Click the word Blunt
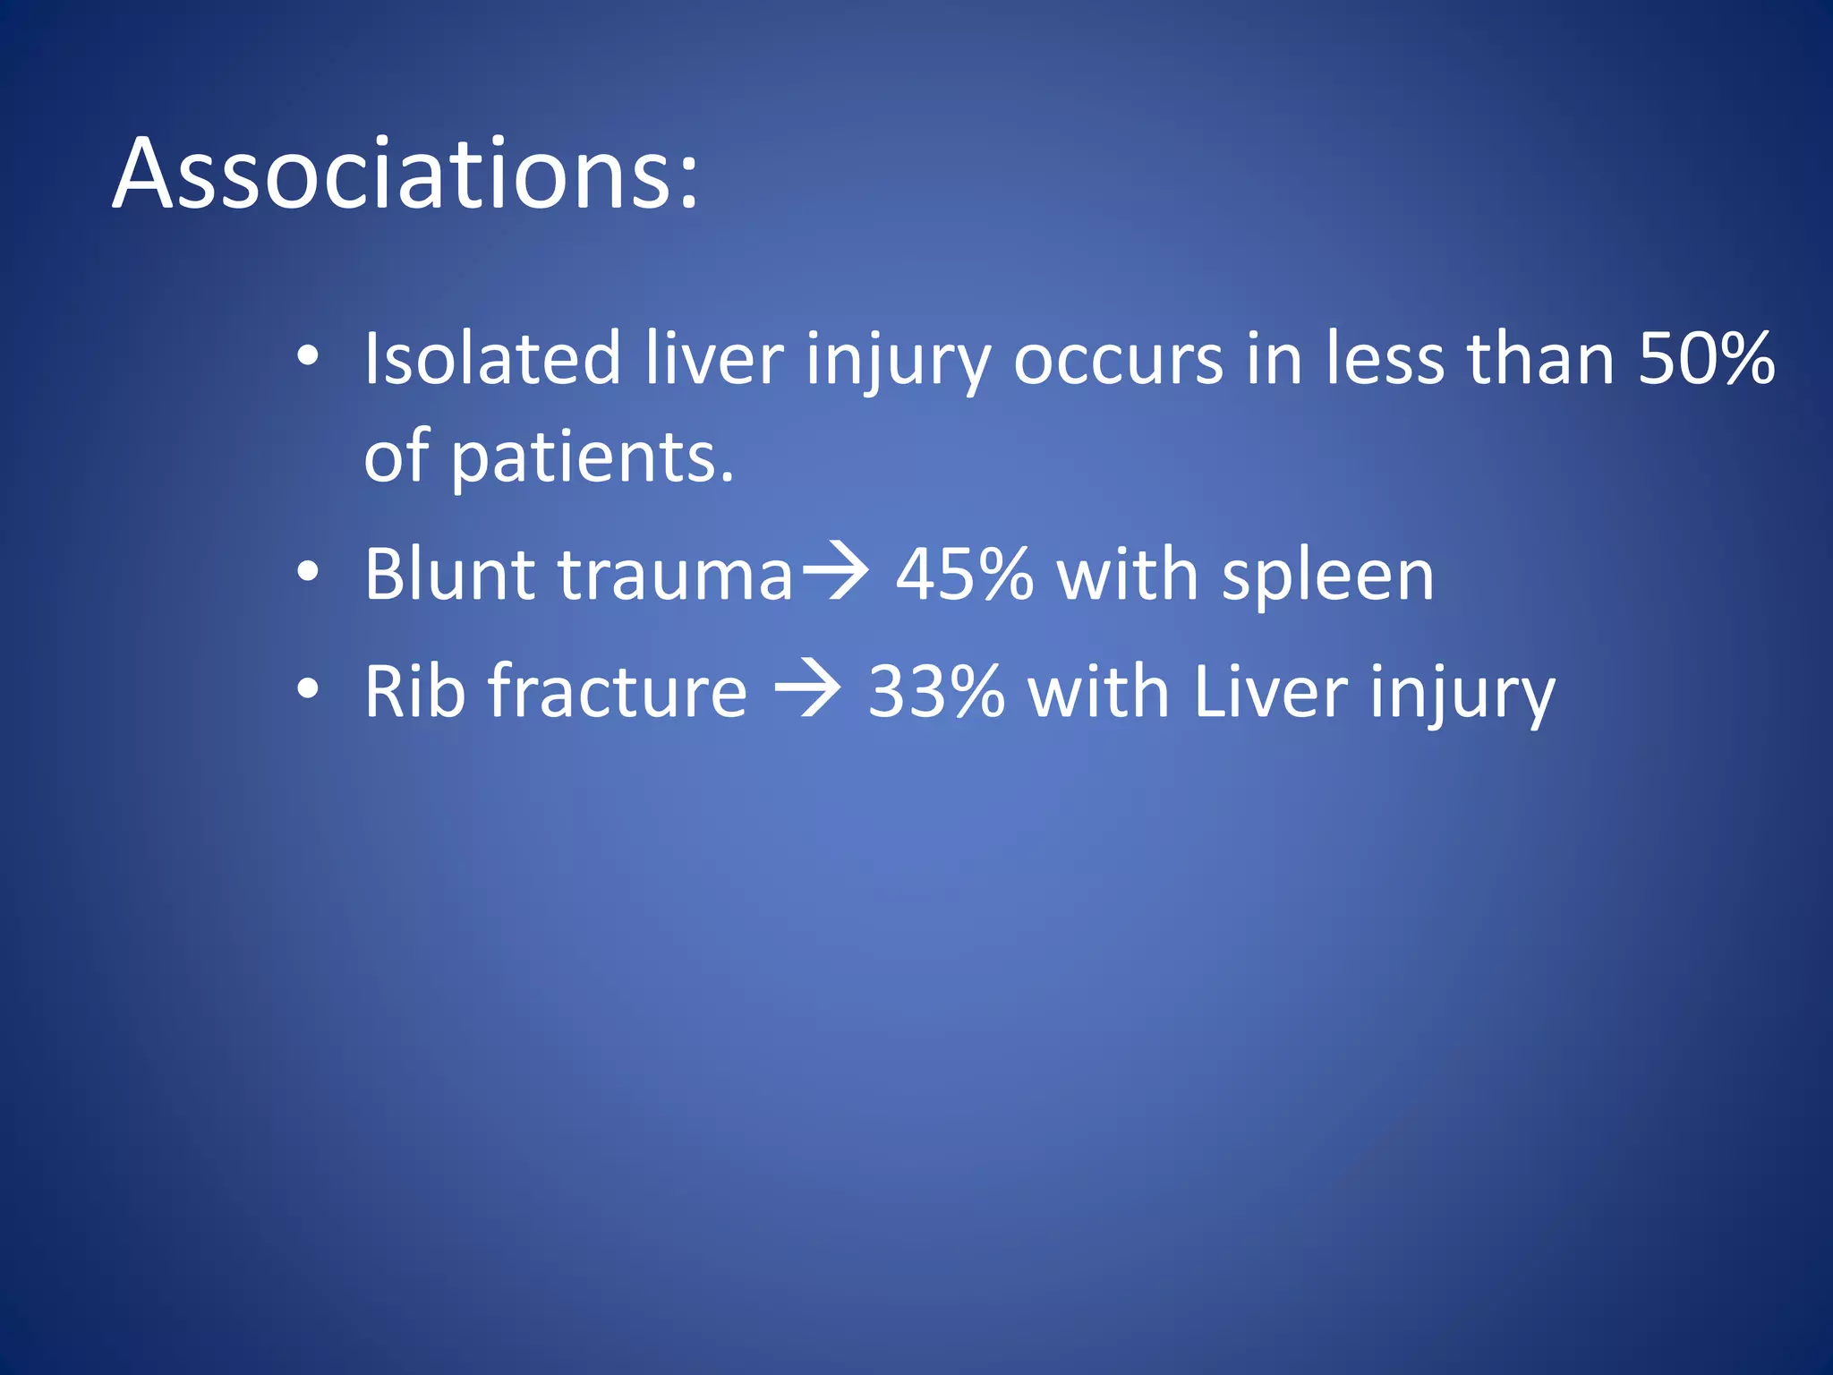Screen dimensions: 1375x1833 click(449, 575)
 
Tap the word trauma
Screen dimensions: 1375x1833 click(676, 575)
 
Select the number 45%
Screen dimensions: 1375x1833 click(965, 575)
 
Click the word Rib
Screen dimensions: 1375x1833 click(414, 692)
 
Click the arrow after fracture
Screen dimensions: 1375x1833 click(807, 689)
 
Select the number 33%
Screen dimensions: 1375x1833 click(936, 692)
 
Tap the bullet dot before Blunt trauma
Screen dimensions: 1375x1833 click(308, 573)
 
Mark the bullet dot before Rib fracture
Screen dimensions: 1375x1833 click(308, 689)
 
